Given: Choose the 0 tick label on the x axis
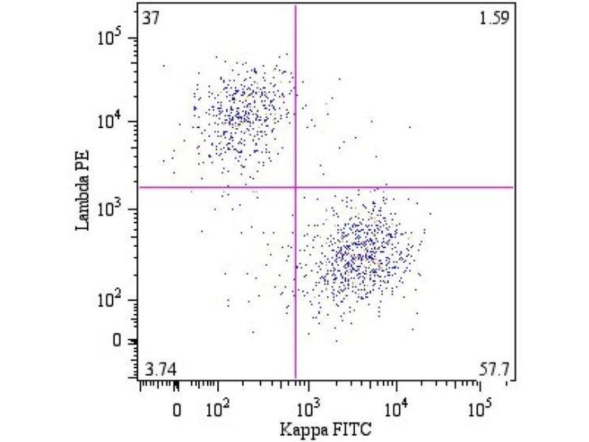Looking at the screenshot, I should click(x=177, y=407).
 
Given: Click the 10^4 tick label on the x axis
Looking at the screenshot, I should click(x=396, y=406).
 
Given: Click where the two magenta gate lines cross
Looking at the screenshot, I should click(x=295, y=187).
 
